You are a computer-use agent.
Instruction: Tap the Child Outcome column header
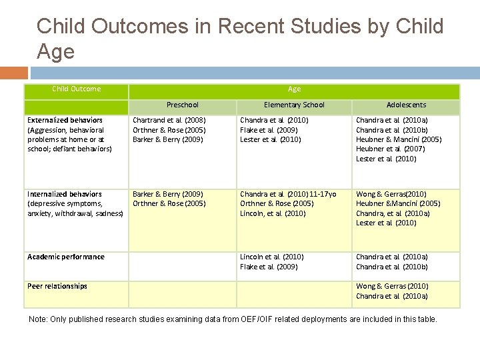(x=77, y=89)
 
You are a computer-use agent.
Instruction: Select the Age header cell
(x=294, y=89)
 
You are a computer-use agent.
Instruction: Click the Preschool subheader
(x=183, y=105)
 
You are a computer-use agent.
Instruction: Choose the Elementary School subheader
(x=294, y=105)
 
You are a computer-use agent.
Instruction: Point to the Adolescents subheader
(x=406, y=105)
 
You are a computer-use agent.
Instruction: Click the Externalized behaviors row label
(x=65, y=120)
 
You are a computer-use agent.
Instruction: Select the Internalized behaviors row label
(x=65, y=194)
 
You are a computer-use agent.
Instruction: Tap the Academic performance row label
(x=66, y=257)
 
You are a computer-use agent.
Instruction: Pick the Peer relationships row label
(x=57, y=286)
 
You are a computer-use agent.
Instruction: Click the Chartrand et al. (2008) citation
(x=169, y=120)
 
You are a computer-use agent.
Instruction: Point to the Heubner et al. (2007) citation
(x=391, y=149)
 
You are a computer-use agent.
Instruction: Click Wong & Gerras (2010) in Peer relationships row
(x=392, y=286)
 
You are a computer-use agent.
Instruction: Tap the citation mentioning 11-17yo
(x=288, y=194)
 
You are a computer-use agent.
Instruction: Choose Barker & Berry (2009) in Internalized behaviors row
(x=168, y=194)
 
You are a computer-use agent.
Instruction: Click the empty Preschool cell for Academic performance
(x=183, y=266)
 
